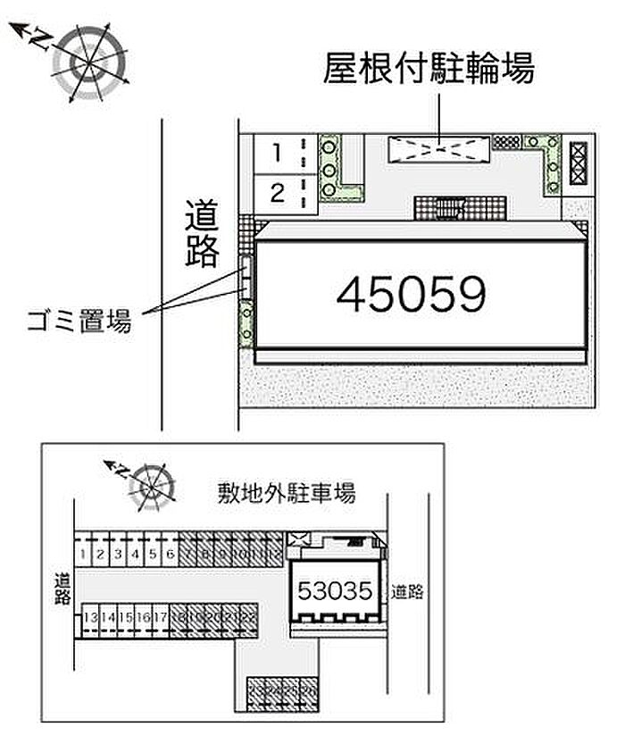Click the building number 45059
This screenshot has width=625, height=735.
coord(411,294)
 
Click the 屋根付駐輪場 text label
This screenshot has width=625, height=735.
coord(429,68)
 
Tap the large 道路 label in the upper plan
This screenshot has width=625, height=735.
coord(203,234)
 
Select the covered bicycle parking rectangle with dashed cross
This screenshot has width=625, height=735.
coord(439,149)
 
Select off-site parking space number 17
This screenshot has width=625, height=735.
coord(160,616)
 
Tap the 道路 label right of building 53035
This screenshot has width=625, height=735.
coord(407,590)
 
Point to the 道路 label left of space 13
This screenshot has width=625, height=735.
coord(62,589)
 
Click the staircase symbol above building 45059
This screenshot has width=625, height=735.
coord(445,208)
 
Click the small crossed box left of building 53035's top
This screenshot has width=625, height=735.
coord(296,539)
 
